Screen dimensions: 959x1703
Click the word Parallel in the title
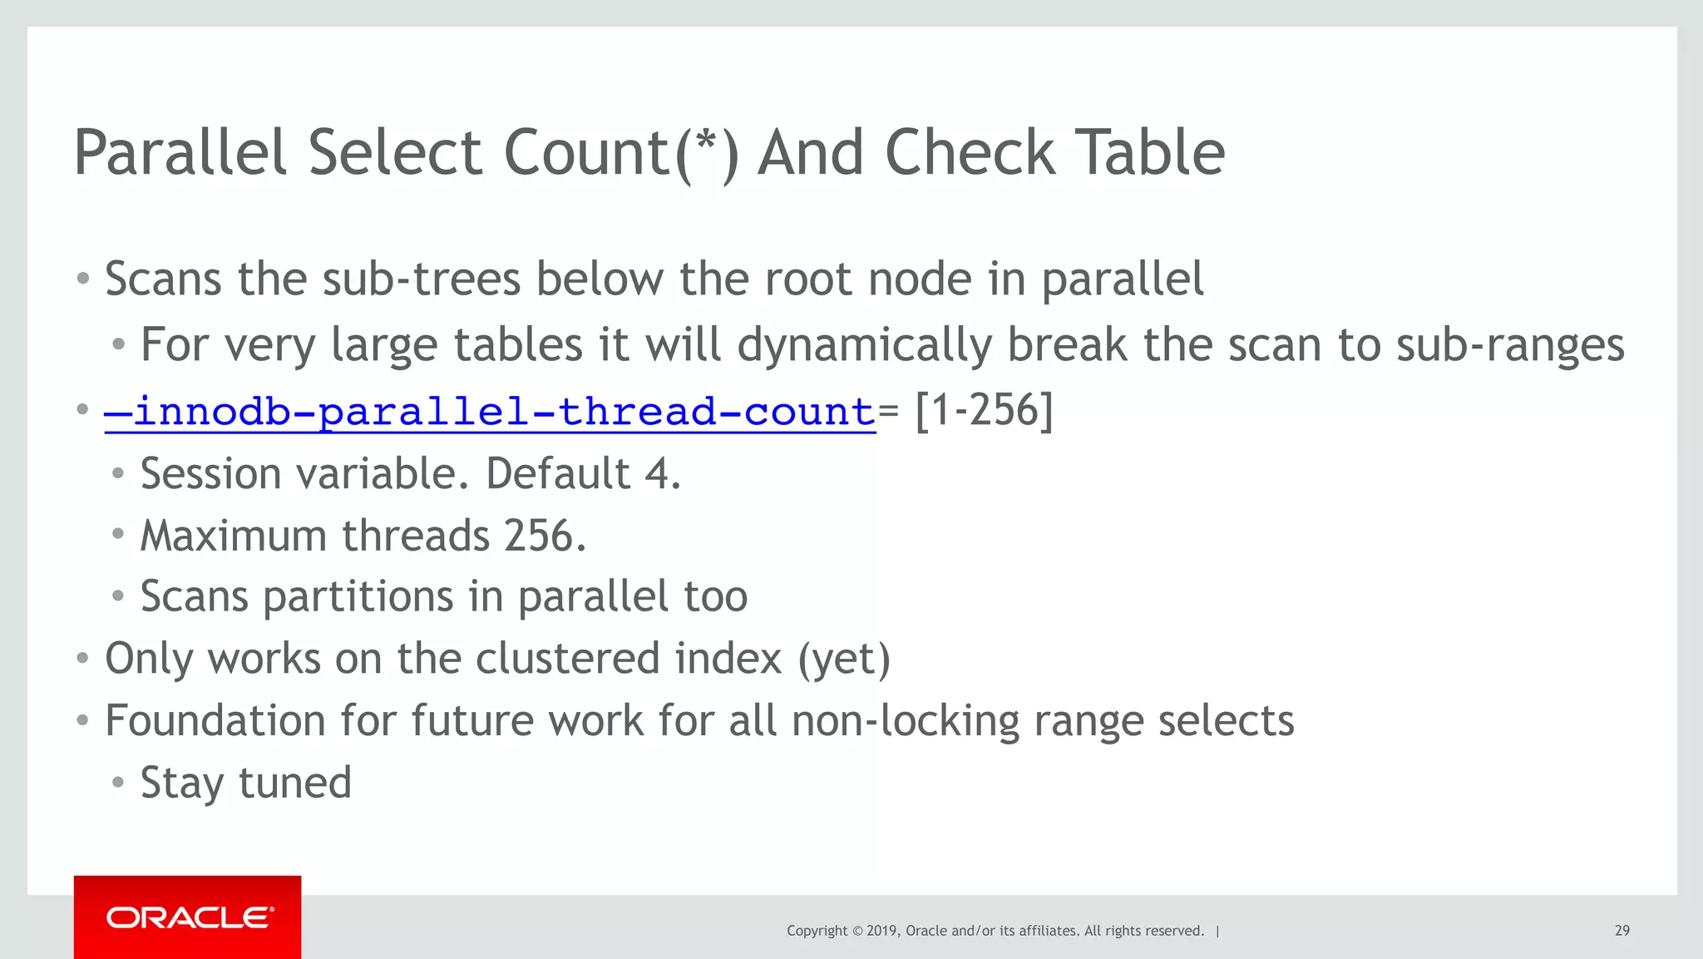(x=180, y=153)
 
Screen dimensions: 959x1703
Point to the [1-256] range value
(x=984, y=410)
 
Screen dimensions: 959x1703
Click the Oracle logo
(x=188, y=917)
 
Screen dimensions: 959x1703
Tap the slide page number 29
(x=1622, y=931)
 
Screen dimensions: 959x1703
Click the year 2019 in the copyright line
(x=881, y=931)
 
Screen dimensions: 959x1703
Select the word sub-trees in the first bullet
(x=421, y=279)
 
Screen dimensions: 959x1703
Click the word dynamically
(x=864, y=345)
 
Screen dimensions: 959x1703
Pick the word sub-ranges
(x=1509, y=345)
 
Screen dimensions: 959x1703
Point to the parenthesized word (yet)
(x=844, y=659)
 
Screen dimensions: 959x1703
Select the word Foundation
(x=215, y=720)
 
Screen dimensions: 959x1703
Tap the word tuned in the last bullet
(x=295, y=783)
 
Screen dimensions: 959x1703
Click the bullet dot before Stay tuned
(x=118, y=783)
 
